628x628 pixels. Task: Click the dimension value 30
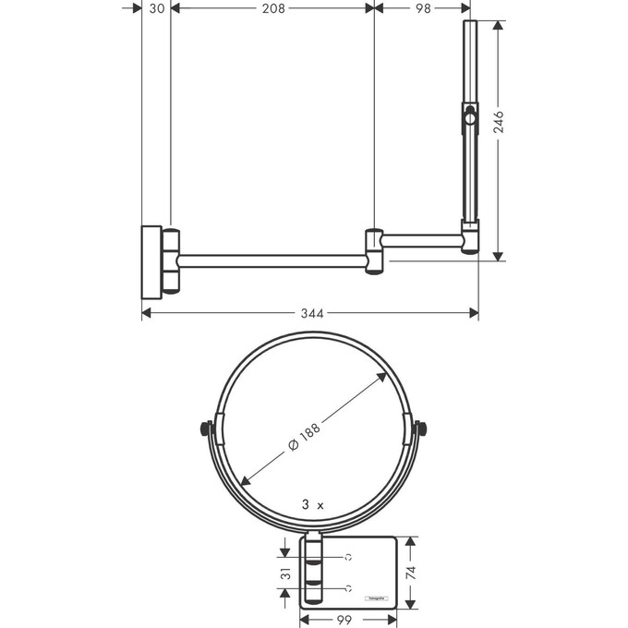[156, 8]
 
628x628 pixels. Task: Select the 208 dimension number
[272, 8]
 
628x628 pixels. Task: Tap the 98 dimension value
[423, 8]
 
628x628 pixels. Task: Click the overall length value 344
[312, 314]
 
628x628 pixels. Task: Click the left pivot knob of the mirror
[205, 429]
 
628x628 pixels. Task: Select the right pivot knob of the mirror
[422, 429]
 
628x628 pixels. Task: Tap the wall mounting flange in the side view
[151, 260]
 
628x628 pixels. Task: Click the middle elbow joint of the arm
[375, 250]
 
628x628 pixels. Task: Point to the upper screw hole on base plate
[349, 557]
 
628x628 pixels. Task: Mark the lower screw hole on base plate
[349, 587]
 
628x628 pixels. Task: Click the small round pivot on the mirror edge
[470, 116]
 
